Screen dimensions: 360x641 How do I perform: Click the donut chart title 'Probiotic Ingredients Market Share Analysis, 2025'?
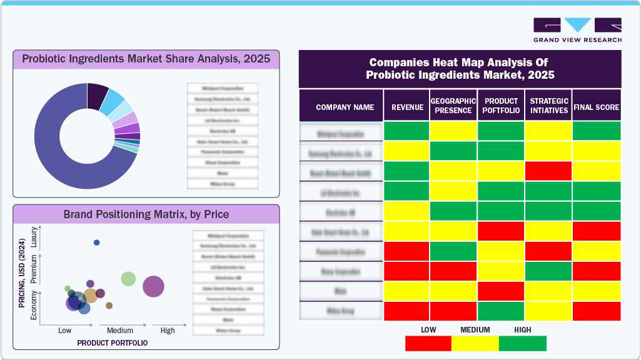(146, 59)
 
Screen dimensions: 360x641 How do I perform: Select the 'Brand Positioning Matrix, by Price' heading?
(146, 214)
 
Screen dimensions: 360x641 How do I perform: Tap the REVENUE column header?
(407, 107)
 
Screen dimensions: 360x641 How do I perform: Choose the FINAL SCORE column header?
(597, 107)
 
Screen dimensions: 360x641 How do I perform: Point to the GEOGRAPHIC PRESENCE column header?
(453, 106)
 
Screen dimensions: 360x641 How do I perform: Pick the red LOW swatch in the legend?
(428, 343)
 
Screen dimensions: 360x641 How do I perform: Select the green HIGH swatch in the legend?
(522, 343)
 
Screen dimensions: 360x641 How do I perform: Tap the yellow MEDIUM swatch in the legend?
(475, 343)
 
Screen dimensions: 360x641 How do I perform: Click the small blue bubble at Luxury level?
(96, 242)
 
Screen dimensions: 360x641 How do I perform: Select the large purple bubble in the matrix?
(153, 287)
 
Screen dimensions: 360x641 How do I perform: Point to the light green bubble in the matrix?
(128, 279)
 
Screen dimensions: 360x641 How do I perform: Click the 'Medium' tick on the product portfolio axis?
(120, 331)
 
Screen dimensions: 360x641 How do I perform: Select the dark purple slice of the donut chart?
(97, 94)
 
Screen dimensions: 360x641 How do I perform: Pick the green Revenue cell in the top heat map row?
(406, 131)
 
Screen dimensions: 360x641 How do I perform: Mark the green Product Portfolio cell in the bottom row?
(501, 311)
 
